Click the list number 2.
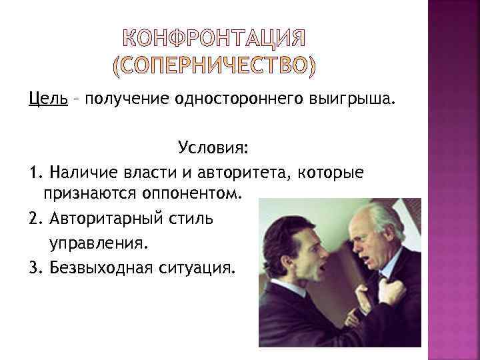pyautogui.click(x=35, y=219)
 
